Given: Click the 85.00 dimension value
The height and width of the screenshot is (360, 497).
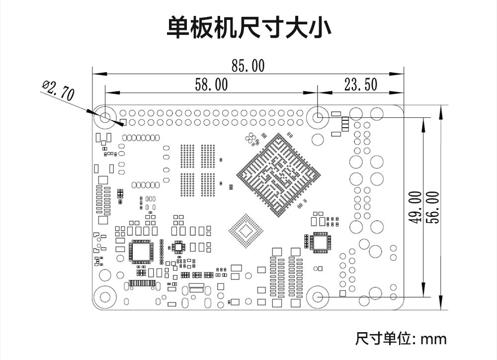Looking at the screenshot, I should [x=248, y=66].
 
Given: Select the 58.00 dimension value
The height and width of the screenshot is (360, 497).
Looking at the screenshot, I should [x=211, y=85].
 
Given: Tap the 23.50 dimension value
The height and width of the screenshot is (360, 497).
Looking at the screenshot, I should [x=361, y=85].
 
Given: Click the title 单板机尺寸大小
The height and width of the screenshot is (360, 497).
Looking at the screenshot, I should [x=248, y=28].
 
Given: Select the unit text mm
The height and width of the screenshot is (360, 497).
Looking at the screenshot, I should [x=433, y=339].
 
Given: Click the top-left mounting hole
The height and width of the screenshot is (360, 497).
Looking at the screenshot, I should [x=105, y=118].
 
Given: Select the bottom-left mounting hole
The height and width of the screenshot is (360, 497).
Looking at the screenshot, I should [x=105, y=297].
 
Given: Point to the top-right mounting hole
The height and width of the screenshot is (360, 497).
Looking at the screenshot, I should [x=318, y=118].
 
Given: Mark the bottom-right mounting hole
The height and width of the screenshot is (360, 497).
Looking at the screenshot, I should [x=318, y=297].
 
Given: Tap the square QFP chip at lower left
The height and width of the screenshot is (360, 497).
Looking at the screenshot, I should [x=141, y=251].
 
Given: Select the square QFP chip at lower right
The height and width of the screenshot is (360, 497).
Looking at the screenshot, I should [x=320, y=242].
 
